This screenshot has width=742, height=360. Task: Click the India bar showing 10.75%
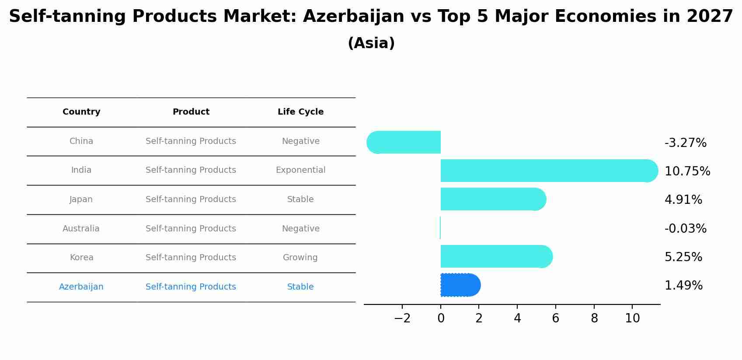pyautogui.click(x=547, y=171)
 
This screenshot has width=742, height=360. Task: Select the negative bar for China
pyautogui.click(x=404, y=142)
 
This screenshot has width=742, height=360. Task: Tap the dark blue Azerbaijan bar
pyautogui.click(x=459, y=285)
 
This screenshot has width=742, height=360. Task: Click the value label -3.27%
pyautogui.click(x=685, y=143)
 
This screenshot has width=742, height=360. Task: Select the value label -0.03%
pyautogui.click(x=685, y=229)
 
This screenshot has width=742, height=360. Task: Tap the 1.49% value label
pyautogui.click(x=683, y=286)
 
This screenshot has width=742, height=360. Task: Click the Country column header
pyautogui.click(x=81, y=112)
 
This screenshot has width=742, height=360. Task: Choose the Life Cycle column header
pyautogui.click(x=300, y=112)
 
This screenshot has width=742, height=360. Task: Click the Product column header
pyautogui.click(x=191, y=112)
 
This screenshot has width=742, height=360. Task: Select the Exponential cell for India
pyautogui.click(x=300, y=170)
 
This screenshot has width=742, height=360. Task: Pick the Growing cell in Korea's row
pyautogui.click(x=300, y=258)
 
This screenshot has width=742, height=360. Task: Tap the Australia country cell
pyautogui.click(x=81, y=229)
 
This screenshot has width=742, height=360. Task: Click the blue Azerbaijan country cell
pyautogui.click(x=81, y=287)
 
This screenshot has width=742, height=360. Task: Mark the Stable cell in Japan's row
pyautogui.click(x=300, y=199)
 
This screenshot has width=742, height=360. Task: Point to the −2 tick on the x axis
pyautogui.click(x=402, y=318)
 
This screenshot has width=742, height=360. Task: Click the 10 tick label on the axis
pyautogui.click(x=632, y=318)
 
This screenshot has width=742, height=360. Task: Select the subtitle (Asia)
pyautogui.click(x=371, y=43)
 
